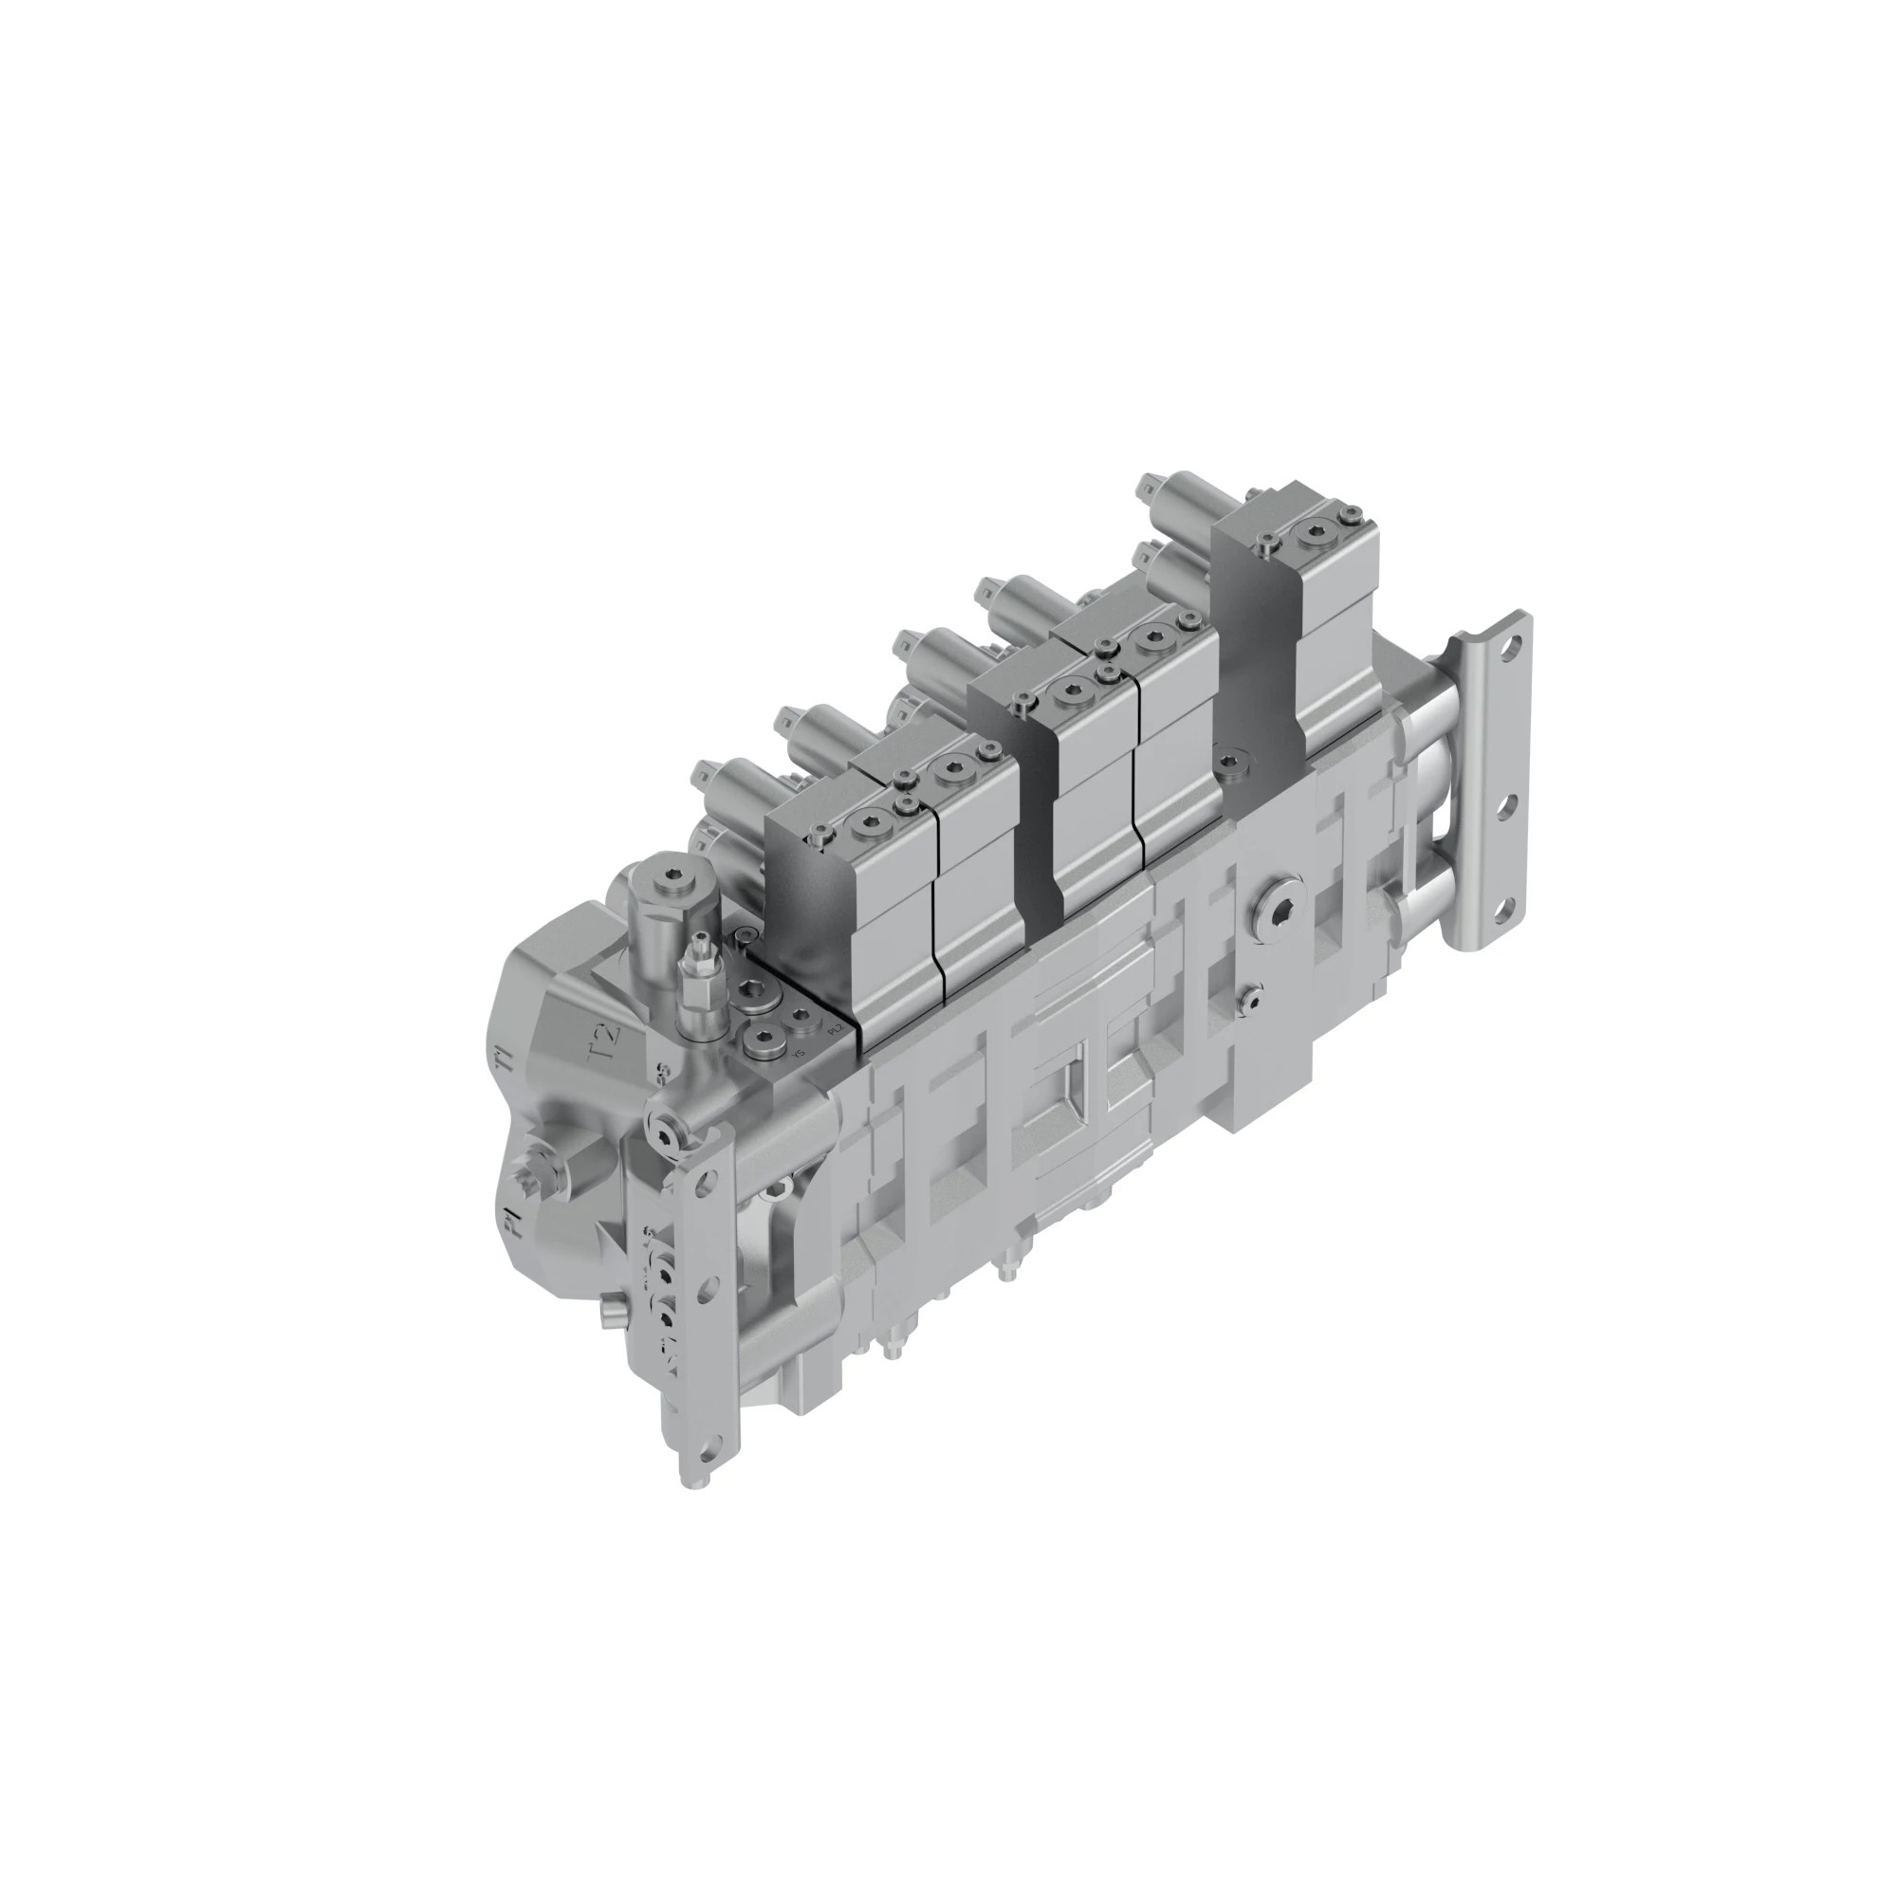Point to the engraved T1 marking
click(505, 1058)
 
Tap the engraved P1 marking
click(509, 1221)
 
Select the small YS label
click(799, 1055)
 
